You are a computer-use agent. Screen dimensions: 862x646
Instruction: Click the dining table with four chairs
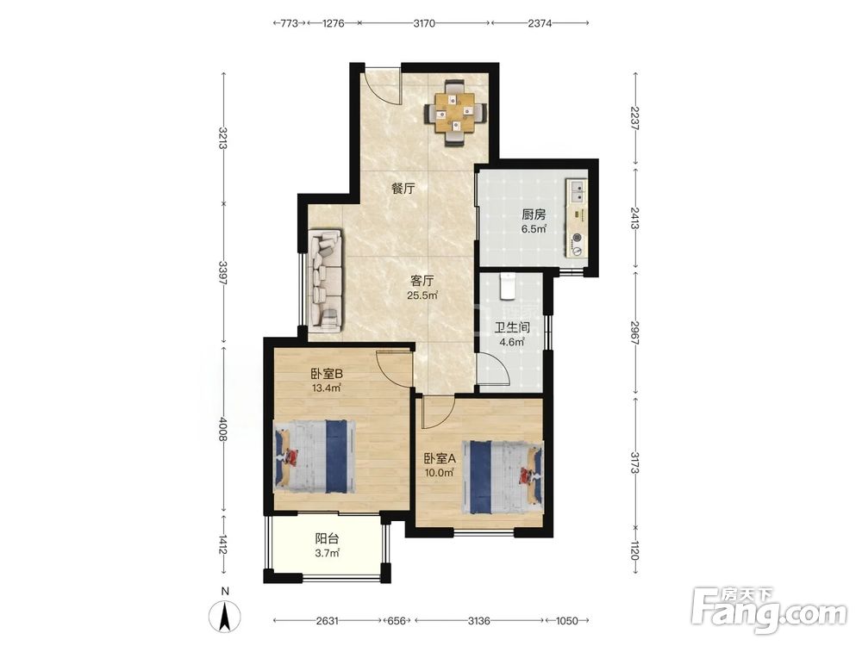coord(456,114)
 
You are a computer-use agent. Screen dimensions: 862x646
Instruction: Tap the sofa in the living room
coord(325,281)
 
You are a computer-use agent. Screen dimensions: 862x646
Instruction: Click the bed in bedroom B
coord(315,457)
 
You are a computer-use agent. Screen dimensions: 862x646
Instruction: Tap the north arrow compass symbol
coord(225,612)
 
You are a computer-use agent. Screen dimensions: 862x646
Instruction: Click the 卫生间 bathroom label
coord(512,328)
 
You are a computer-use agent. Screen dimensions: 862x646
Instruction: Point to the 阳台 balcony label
coord(327,539)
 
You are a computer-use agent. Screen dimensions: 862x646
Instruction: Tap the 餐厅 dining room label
coord(403,189)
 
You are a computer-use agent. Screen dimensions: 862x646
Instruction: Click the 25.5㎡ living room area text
coord(422,295)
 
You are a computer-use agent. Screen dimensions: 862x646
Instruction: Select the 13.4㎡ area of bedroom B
coord(327,388)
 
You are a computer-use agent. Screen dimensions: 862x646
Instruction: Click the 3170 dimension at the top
coord(424,23)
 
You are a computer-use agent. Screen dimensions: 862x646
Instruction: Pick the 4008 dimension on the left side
coord(223,429)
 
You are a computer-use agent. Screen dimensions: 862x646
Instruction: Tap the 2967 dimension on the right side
coord(635,332)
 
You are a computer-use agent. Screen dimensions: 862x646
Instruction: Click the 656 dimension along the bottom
coord(397,621)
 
